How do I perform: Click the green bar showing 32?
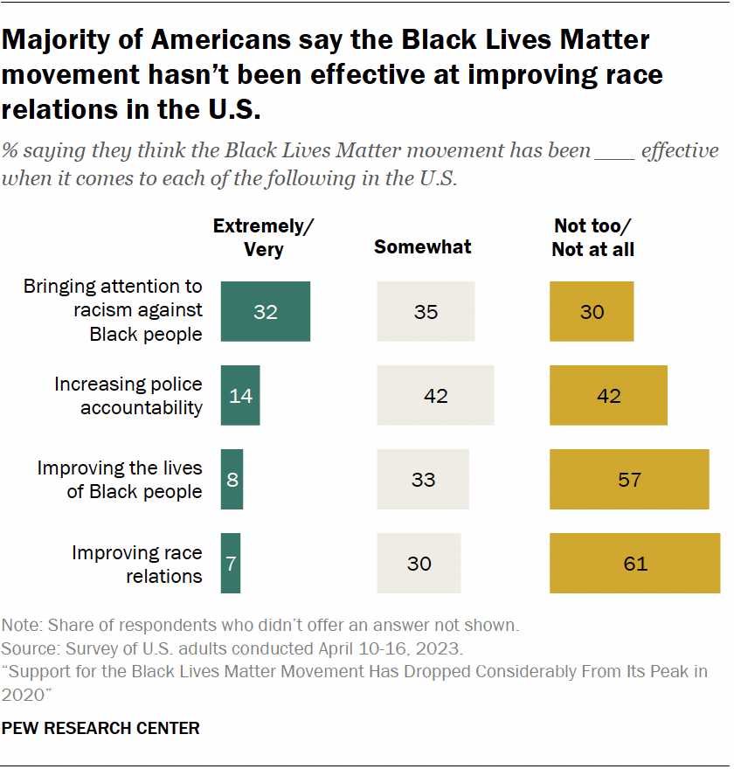tap(266, 311)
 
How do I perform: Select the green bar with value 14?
tap(240, 395)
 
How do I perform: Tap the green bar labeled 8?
tap(232, 479)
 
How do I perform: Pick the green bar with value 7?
tap(231, 563)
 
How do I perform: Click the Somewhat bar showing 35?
tap(426, 311)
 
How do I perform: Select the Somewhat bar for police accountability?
tap(435, 395)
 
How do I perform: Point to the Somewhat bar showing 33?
tap(423, 479)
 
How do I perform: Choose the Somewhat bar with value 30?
tap(419, 563)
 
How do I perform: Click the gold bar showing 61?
tap(634, 563)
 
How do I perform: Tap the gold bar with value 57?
tap(629, 479)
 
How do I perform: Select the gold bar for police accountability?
tap(608, 395)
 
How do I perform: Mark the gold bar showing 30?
tap(592, 311)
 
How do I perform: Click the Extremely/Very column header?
tap(264, 238)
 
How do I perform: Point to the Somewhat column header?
tap(423, 247)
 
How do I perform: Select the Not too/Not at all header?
tap(593, 238)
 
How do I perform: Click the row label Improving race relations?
tap(137, 565)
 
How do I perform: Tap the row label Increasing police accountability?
tap(128, 396)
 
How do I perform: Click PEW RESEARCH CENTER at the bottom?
tap(100, 728)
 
